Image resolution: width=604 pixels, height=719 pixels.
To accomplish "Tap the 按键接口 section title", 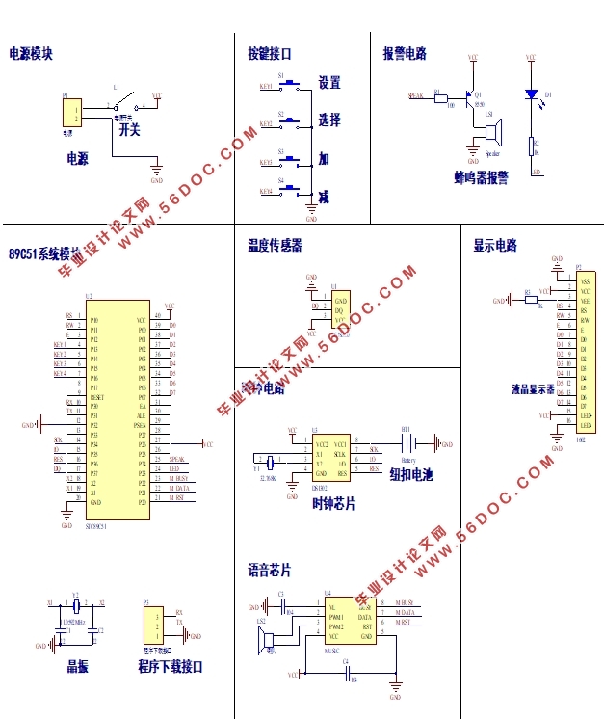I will click(x=269, y=54).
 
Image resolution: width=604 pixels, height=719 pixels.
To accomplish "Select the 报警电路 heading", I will click(x=405, y=54).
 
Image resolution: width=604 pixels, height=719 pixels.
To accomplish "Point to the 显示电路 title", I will click(x=495, y=246).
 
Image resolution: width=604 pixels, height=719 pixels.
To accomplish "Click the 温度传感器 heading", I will click(x=275, y=246).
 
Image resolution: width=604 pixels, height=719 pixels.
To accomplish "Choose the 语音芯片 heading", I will click(x=269, y=571).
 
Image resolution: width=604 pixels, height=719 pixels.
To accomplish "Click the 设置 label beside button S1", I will click(x=329, y=84).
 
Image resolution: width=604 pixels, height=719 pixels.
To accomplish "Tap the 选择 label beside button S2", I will click(x=329, y=120).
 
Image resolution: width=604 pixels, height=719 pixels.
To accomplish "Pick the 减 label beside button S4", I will click(x=324, y=198).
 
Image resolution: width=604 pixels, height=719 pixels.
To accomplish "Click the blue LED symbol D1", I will click(x=530, y=94).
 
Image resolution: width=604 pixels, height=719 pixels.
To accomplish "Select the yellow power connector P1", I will click(x=69, y=113).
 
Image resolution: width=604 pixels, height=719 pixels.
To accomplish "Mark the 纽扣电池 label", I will click(x=411, y=474).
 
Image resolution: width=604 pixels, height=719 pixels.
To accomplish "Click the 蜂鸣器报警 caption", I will click(x=481, y=177).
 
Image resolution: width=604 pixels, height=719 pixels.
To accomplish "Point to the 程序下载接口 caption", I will click(x=171, y=666).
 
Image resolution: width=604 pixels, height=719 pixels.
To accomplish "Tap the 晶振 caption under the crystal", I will click(x=77, y=666).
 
